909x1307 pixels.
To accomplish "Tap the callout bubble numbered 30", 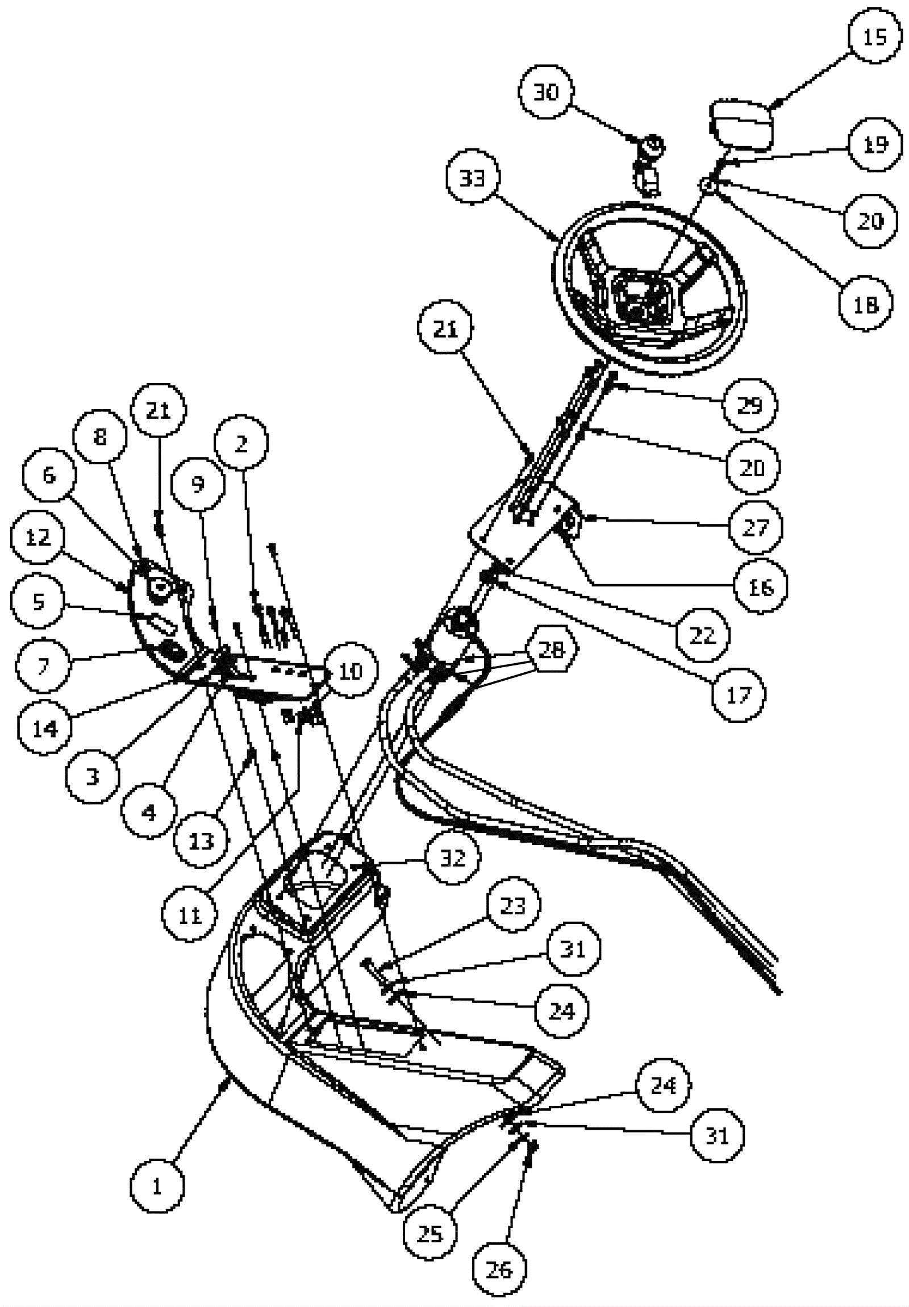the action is [x=547, y=91].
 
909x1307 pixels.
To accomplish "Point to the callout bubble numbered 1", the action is [x=157, y=1187].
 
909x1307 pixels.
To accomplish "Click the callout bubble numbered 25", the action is [x=430, y=1234].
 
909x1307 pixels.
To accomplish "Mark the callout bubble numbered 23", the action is [x=512, y=905].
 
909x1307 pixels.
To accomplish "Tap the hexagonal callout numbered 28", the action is [x=551, y=650].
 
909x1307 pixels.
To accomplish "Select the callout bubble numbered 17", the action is [x=738, y=694].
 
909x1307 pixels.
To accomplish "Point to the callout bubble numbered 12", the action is [x=37, y=538].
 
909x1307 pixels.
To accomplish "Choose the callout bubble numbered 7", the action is [x=43, y=665].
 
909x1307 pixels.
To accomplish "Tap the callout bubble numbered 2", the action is [x=241, y=444].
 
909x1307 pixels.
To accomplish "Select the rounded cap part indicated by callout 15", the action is [x=741, y=125].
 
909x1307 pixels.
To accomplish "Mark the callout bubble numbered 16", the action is [x=761, y=586].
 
